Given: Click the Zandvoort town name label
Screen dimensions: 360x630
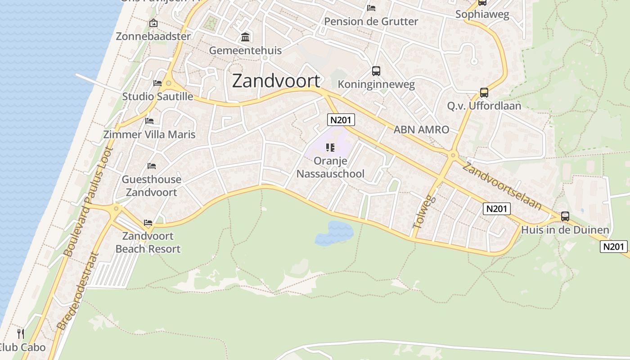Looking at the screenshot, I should point(276,81).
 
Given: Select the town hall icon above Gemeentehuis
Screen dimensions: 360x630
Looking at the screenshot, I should point(245,37).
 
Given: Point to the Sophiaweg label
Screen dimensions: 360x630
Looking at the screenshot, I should point(482,14).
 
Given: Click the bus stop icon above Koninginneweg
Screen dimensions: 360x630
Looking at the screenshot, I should point(376,71).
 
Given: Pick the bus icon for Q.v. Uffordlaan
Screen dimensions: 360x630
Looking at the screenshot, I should point(484,93).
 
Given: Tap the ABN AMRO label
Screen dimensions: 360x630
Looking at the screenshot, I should point(421,130).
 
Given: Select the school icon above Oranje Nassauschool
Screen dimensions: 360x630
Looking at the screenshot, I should point(330,148).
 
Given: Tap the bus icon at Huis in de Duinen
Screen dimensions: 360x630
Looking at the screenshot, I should point(565,216).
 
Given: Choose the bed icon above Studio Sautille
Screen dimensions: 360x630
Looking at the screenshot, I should point(157,83).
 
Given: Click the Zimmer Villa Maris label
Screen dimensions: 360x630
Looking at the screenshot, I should point(149,135).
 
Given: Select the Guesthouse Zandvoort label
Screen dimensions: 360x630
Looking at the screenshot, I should point(151,186).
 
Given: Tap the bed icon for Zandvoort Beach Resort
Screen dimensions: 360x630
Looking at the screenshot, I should point(148,223).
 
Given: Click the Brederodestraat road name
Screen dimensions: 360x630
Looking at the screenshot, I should point(78,290).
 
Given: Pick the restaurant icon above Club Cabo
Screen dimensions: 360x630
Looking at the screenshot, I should point(21,333).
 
